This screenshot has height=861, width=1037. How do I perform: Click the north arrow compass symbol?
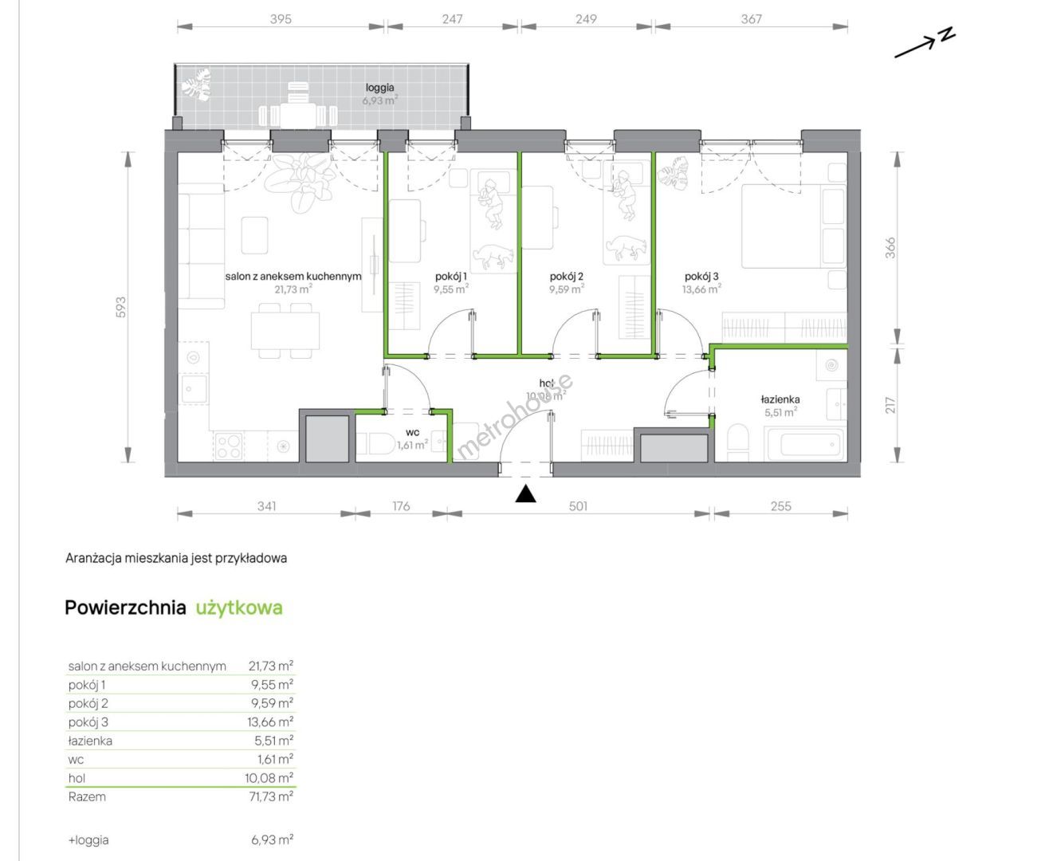click(x=925, y=43)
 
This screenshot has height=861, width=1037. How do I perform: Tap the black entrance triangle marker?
click(x=525, y=494)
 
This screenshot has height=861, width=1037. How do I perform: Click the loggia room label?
click(x=380, y=88)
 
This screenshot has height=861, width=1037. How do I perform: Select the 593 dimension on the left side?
click(x=120, y=307)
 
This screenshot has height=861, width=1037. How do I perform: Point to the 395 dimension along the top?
click(x=281, y=19)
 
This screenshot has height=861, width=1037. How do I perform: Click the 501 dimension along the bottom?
click(x=578, y=506)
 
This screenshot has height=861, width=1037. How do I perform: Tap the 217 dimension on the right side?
click(x=890, y=405)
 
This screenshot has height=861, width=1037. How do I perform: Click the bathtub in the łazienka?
click(x=807, y=444)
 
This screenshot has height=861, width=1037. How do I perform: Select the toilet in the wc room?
click(x=375, y=443)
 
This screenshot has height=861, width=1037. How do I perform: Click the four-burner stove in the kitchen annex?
click(x=229, y=446)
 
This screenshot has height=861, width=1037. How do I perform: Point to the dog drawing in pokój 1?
click(x=492, y=254)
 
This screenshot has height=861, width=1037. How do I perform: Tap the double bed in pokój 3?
click(x=794, y=226)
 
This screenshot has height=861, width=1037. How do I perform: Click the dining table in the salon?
click(x=285, y=330)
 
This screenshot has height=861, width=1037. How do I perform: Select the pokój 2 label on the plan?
click(x=566, y=276)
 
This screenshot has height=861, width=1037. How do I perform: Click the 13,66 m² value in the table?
click(x=270, y=721)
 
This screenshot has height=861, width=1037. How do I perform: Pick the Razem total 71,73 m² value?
click(x=271, y=796)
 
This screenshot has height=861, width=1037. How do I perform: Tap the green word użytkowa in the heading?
click(x=239, y=607)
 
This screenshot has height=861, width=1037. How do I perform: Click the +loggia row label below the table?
click(x=88, y=840)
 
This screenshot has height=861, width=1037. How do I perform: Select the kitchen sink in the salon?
click(x=194, y=389)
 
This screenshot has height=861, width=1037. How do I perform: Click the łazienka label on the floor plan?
click(x=780, y=399)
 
